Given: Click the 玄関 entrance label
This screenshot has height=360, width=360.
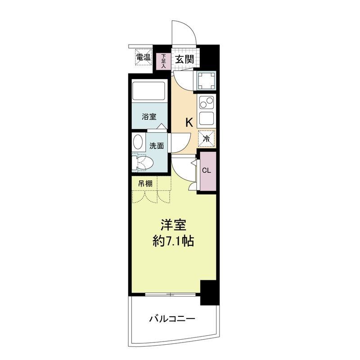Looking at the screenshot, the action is [x=184, y=59].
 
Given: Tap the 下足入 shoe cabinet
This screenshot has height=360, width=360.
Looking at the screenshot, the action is [x=163, y=61].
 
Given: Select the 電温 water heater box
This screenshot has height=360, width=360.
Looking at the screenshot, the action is [x=144, y=57].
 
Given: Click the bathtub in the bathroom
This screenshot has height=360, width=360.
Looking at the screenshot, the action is [x=149, y=91].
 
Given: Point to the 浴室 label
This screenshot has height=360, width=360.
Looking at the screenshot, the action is [x=149, y=117].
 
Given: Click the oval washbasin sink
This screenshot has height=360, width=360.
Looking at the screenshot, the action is [x=138, y=142].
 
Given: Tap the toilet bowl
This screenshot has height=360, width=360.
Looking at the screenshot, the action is [x=143, y=162].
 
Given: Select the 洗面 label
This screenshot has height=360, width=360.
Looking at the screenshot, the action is [x=157, y=146].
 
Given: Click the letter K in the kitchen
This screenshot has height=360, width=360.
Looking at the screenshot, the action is [x=189, y=122].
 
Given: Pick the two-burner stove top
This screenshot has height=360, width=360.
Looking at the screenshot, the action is [x=207, y=102].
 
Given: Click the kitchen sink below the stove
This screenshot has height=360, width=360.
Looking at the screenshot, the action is [x=207, y=118].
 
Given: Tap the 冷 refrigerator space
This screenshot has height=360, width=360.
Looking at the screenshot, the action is [x=207, y=138].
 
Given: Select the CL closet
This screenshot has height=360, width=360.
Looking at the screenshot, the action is [x=208, y=171].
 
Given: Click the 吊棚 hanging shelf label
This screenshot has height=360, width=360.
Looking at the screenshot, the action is [x=145, y=184].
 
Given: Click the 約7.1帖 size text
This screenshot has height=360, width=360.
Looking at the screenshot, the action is [x=173, y=241].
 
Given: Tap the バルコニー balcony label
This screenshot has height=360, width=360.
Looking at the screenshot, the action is [x=172, y=319].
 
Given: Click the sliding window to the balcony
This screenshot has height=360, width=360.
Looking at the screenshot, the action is [x=171, y=294].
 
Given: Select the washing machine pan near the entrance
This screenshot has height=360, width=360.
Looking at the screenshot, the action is [x=207, y=81].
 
